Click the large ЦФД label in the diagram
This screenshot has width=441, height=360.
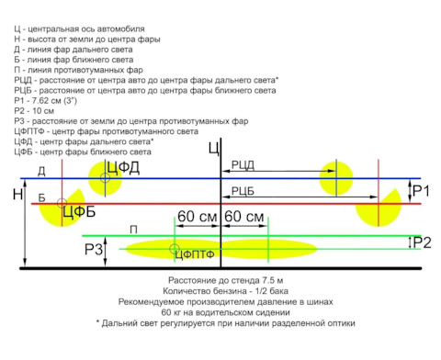pos(123,168)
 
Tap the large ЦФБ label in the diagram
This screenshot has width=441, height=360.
pos(79,211)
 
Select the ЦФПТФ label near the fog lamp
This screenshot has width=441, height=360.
pos(195,254)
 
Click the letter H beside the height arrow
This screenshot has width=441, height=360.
pos(18,194)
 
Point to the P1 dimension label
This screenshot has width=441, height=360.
pos(421,191)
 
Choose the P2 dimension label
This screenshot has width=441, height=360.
pos(422,242)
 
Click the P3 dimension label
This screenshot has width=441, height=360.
pos(94,250)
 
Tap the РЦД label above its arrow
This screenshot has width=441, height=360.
pos(243,164)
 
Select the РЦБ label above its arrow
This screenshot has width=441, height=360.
pos(243,191)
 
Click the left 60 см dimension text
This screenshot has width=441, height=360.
pos(198,216)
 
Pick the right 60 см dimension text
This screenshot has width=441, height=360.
pos(244,216)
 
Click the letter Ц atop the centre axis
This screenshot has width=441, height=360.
pos(214,149)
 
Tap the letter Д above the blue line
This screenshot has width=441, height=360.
pos(41,172)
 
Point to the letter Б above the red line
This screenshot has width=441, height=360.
pos(41,197)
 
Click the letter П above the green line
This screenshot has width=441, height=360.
pos(133,230)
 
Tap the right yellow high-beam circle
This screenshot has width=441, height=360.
pos(336,178)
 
